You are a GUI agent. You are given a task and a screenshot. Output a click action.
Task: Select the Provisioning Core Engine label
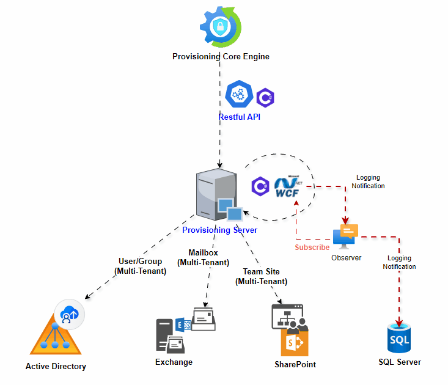(x=221, y=57)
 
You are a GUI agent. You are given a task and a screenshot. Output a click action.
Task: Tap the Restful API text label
(x=239, y=117)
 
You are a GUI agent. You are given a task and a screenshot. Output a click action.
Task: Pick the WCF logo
(x=289, y=186)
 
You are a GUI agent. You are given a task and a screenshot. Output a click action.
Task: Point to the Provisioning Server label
(x=219, y=230)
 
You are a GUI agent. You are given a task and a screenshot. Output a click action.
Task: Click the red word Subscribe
(x=312, y=248)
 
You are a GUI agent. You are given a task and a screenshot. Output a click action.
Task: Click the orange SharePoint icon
(x=295, y=342)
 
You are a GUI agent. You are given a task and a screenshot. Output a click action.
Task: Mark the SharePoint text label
(x=295, y=365)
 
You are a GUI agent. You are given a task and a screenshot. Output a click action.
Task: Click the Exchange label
(x=174, y=362)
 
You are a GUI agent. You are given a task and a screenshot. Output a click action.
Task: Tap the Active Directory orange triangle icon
(x=56, y=339)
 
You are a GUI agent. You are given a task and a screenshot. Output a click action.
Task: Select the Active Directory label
(x=56, y=367)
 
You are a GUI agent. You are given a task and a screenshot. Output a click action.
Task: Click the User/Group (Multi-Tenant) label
(x=140, y=266)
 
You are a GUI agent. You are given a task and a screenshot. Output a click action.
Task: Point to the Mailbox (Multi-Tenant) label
(x=203, y=257)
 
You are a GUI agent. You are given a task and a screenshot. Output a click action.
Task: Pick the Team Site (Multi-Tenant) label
(x=261, y=277)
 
